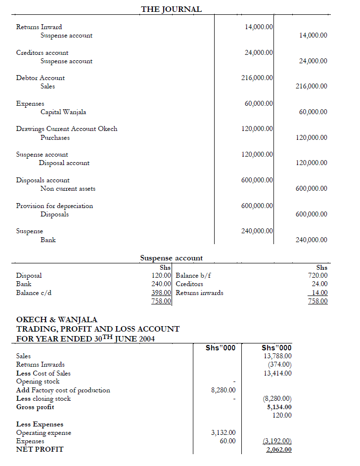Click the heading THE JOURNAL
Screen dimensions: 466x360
(171, 9)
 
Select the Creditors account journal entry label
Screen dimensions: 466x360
(42, 52)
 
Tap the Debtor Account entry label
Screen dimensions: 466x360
(40, 78)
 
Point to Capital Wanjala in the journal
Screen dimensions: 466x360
(63, 112)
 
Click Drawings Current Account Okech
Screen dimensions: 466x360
(67, 129)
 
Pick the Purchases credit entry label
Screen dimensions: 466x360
(55, 138)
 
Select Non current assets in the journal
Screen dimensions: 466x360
(68, 189)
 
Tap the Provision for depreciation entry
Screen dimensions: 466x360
(54, 206)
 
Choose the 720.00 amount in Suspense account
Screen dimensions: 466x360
(317, 276)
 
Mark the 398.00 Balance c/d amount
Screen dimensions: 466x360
(161, 293)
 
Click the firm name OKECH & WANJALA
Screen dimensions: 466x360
(57, 320)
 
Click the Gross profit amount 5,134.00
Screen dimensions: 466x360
(279, 407)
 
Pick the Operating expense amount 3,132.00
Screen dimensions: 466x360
(224, 433)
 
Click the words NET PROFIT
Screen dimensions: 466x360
(40, 449)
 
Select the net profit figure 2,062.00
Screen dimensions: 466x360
(279, 450)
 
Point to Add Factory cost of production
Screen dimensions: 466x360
(63, 390)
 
